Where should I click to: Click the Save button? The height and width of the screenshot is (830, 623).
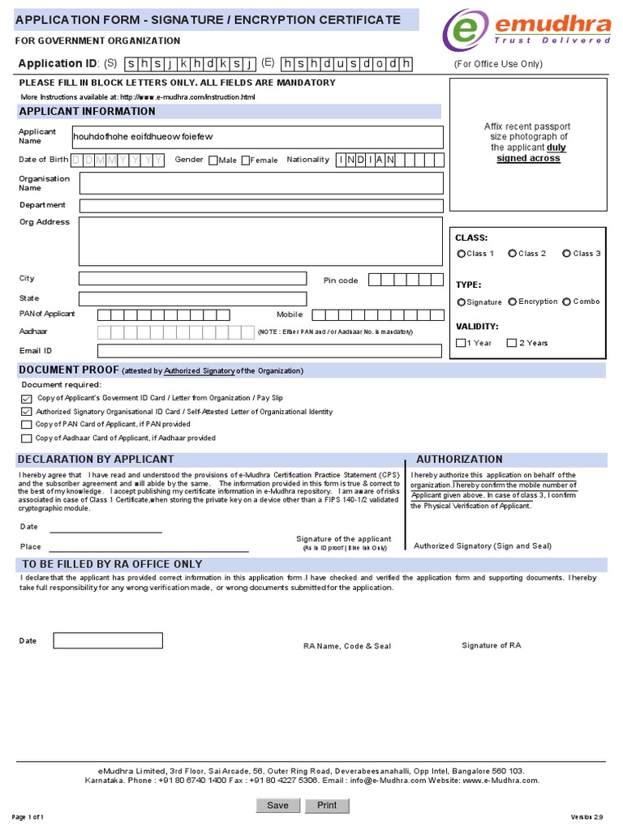[277, 805]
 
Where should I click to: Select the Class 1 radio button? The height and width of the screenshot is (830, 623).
[461, 254]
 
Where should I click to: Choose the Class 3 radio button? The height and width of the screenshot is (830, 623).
[566, 254]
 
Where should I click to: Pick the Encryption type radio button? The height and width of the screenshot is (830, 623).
[513, 302]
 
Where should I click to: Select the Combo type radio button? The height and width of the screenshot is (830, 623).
[566, 302]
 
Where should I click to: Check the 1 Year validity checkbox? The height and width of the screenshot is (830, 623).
[461, 343]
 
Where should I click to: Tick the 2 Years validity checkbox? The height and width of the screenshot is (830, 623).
[511, 343]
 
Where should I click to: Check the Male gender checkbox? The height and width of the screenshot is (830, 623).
[213, 160]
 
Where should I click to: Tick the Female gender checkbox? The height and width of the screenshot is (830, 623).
[246, 160]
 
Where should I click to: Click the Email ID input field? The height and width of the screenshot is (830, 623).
[270, 351]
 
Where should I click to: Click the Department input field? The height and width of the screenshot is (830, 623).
[261, 206]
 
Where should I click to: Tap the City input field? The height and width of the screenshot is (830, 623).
[192, 279]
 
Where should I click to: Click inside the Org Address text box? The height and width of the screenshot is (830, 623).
[261, 242]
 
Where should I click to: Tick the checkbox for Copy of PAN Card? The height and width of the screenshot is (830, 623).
[27, 425]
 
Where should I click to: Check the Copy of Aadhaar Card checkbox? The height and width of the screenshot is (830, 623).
[27, 439]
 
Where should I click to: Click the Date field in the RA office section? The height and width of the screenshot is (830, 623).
[108, 641]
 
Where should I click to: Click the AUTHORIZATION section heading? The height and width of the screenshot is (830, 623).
[459, 459]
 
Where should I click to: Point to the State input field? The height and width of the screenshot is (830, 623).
[192, 299]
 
